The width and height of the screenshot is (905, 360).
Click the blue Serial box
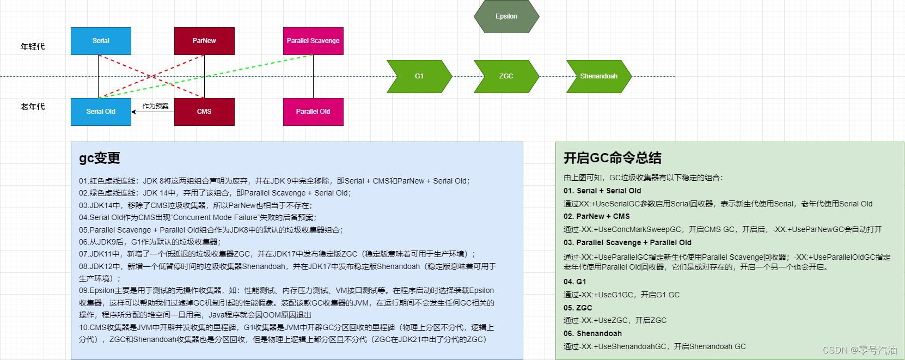pyautogui.click(x=101, y=41)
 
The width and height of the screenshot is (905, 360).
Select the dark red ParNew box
pyautogui.click(x=204, y=41)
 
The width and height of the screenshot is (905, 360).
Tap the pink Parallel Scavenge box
pyautogui.click(x=313, y=41)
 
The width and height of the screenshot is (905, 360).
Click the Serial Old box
pyautogui.click(x=101, y=112)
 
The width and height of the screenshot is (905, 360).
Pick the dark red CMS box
pyautogui.click(x=204, y=112)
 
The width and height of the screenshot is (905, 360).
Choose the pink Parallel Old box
pyautogui.click(x=313, y=112)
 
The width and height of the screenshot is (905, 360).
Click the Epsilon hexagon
pyautogui.click(x=506, y=16)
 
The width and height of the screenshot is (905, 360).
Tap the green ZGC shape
pyautogui.click(x=506, y=76)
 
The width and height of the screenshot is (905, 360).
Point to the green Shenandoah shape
pyautogui.click(x=599, y=76)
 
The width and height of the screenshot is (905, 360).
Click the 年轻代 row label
pyautogui.click(x=33, y=47)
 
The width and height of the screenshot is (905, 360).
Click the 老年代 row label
pyautogui.click(x=33, y=107)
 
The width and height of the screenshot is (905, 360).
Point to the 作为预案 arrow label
pyautogui.click(x=155, y=106)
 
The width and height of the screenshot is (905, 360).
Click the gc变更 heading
pyautogui.click(x=100, y=158)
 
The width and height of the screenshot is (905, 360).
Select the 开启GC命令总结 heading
pyautogui.click(x=612, y=158)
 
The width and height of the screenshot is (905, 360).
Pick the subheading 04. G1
pyautogui.click(x=574, y=282)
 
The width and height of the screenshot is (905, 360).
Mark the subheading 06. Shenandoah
pyautogui.click(x=592, y=333)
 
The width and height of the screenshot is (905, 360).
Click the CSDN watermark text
pyautogui.click(x=859, y=350)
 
